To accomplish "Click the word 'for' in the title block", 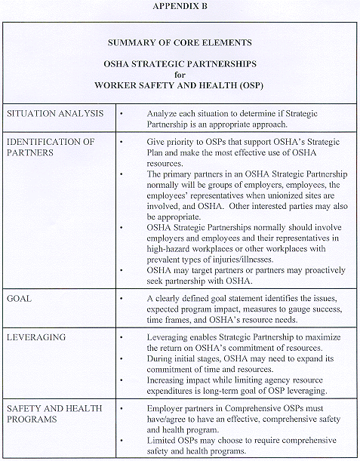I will tap(180, 74).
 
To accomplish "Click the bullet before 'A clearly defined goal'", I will tap(122, 299).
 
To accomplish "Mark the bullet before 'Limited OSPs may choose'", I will tap(122, 441).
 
